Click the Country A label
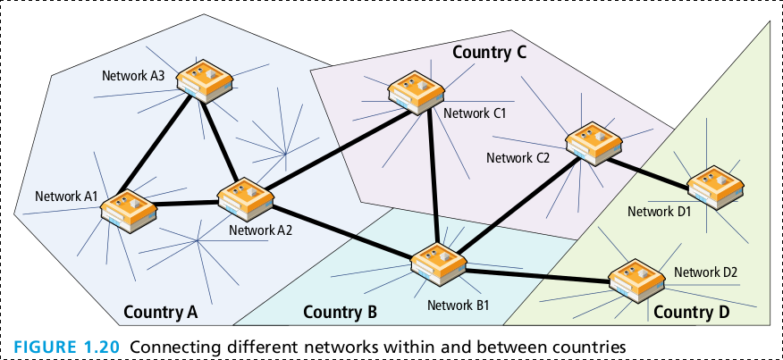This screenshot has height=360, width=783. click(160, 312)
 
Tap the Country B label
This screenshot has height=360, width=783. click(340, 312)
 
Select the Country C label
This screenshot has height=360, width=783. click(489, 52)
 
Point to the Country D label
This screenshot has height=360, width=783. click(691, 312)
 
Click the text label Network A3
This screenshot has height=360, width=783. click(131, 75)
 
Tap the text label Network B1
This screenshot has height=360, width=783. click(458, 305)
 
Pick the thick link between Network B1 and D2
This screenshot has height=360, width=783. click(536, 274)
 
